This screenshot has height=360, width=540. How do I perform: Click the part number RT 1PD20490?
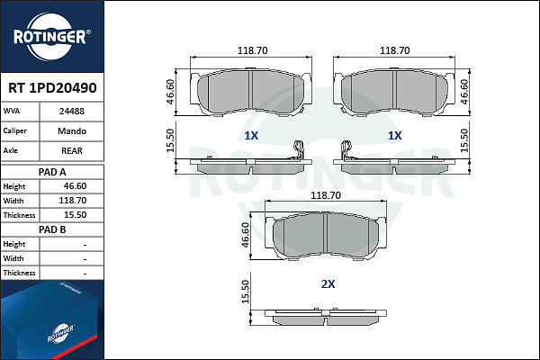point(52,88)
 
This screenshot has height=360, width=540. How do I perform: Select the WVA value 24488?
point(72,112)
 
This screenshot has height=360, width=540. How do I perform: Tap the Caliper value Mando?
point(72,130)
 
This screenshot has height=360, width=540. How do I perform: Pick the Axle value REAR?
point(72,150)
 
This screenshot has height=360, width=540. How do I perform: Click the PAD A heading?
point(52,172)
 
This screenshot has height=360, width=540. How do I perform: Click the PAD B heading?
point(52,229)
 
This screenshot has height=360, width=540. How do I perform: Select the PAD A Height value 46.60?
point(75,186)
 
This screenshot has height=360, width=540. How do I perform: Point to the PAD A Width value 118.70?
point(73,201)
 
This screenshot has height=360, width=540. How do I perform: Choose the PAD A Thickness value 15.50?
point(75,215)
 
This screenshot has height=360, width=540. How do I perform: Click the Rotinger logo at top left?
point(52,37)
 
